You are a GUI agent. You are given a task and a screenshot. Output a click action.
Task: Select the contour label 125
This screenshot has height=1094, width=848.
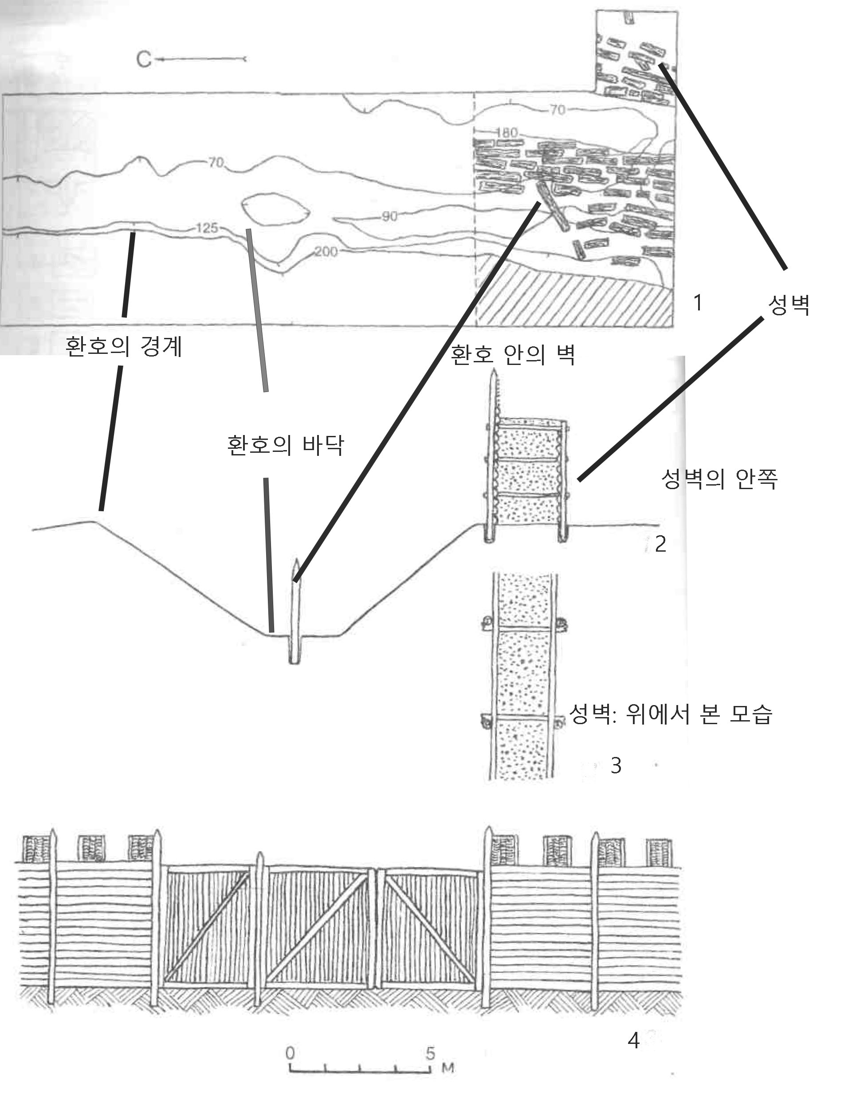[x=206, y=228]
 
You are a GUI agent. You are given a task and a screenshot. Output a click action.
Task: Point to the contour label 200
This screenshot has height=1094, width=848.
[x=326, y=251]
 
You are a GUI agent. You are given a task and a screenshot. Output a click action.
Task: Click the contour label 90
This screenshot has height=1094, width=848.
[x=389, y=216]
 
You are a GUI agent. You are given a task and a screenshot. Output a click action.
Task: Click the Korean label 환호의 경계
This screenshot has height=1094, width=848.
[x=124, y=346]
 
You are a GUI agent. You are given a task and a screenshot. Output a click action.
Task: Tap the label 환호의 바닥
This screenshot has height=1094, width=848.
[x=286, y=445]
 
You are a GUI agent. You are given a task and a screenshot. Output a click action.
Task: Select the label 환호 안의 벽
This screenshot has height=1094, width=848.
[x=512, y=355]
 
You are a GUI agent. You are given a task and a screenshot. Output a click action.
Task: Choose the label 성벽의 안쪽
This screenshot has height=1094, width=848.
[x=719, y=479]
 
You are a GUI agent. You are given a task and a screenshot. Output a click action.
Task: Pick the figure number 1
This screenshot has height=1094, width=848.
[x=697, y=302]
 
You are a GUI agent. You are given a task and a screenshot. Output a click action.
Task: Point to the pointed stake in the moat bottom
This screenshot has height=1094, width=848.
[x=295, y=614]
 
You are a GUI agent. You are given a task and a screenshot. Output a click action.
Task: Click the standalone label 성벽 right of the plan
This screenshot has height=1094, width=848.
[x=789, y=305]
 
